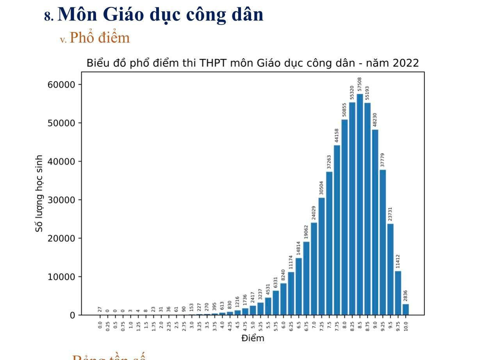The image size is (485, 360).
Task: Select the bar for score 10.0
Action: click(x=406, y=309)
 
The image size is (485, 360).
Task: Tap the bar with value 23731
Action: click(x=390, y=269)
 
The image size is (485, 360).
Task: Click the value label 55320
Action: click(x=352, y=93)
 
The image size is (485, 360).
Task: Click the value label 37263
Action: click(x=329, y=162)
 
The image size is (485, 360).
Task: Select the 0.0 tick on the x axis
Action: click(x=100, y=324)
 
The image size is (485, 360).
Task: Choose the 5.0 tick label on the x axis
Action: click(x=253, y=324)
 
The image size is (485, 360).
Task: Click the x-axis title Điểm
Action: click(x=253, y=338)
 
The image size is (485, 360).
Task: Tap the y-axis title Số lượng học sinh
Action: click(x=39, y=194)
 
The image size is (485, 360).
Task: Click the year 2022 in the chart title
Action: click(x=406, y=63)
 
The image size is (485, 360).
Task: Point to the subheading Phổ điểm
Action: click(x=100, y=38)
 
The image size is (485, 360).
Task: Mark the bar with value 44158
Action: click(x=337, y=230)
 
